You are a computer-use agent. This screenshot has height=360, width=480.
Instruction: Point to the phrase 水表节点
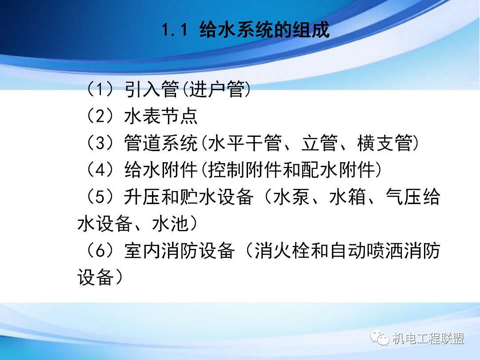(x=161, y=117)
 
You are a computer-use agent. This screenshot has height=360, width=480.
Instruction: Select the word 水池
(x=171, y=224)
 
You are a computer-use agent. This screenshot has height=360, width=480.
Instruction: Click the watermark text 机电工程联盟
(x=428, y=339)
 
